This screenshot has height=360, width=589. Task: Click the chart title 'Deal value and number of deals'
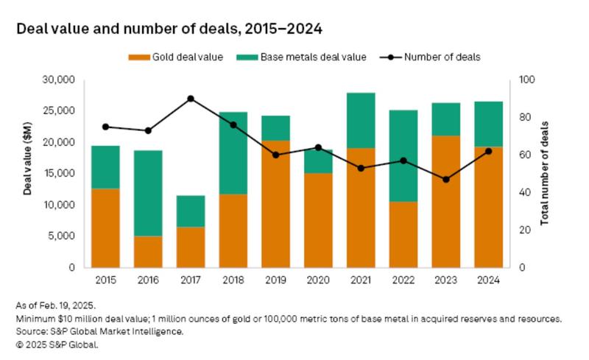click(169, 29)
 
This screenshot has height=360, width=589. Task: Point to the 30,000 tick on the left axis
click(60, 79)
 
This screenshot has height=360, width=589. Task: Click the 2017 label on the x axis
click(191, 280)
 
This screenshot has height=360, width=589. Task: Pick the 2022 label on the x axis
click(403, 280)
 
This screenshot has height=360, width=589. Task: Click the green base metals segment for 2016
click(148, 193)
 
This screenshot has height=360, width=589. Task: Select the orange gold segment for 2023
click(446, 202)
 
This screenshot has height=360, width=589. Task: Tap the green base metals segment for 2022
click(403, 156)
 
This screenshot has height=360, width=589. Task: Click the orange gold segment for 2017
click(191, 247)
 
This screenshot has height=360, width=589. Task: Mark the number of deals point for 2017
click(191, 99)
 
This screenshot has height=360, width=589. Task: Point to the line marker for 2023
click(446, 180)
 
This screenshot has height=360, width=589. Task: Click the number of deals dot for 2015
click(105, 127)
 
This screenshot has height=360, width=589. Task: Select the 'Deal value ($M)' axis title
click(27, 173)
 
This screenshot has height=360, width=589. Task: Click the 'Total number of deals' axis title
click(545, 173)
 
